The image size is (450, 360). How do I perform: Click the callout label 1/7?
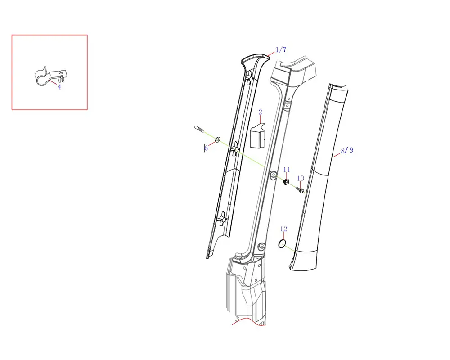[281, 49]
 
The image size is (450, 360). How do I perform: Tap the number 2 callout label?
[260, 112]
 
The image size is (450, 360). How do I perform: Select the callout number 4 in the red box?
[59, 87]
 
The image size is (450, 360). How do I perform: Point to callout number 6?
[206, 148]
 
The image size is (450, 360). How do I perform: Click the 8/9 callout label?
[347, 150]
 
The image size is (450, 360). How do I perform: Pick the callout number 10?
[301, 178]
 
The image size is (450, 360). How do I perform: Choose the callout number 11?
[287, 170]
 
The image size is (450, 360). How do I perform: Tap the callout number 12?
[283, 229]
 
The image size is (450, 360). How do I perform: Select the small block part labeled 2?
[257, 136]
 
